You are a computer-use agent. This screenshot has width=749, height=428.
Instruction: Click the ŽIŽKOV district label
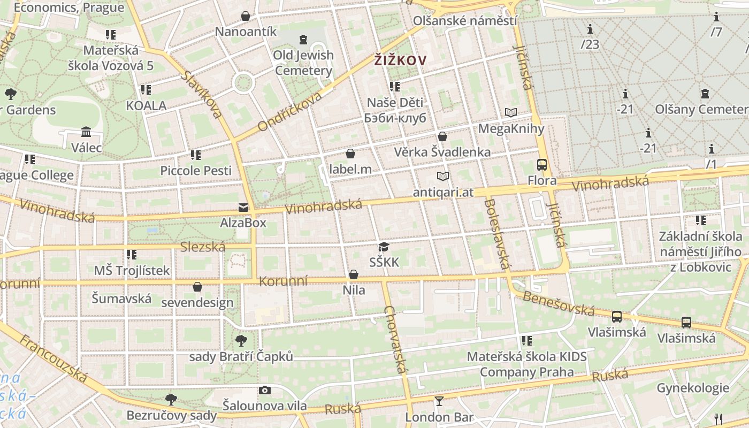click(400, 60)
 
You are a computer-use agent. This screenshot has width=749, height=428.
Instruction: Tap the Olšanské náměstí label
click(465, 21)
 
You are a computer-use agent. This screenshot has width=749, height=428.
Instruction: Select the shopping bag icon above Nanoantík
click(246, 16)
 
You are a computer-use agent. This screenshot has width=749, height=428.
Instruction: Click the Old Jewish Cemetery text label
click(303, 63)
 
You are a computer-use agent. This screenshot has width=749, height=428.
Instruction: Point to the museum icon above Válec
click(86, 132)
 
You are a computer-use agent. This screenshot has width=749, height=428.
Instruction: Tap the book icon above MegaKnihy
click(511, 112)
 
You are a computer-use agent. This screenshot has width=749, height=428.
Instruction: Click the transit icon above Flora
click(542, 164)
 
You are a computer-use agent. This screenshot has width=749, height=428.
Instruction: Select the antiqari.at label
click(443, 192)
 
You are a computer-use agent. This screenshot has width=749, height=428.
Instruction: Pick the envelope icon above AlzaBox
click(243, 207)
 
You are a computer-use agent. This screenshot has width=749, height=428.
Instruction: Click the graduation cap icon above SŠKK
click(384, 247)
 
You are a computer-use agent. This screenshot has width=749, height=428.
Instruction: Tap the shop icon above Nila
click(354, 274)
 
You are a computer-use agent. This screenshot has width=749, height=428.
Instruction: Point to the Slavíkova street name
click(202, 95)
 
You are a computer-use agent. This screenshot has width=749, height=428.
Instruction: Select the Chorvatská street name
click(396, 340)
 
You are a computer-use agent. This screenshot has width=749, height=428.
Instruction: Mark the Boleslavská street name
click(496, 234)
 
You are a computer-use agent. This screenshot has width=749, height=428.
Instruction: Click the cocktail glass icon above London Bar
click(439, 401)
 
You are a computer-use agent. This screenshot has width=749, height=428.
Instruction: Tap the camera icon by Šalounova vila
click(264, 391)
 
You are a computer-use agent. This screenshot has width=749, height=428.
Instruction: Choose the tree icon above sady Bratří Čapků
click(241, 340)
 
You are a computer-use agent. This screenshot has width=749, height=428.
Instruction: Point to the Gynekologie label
click(693, 388)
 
